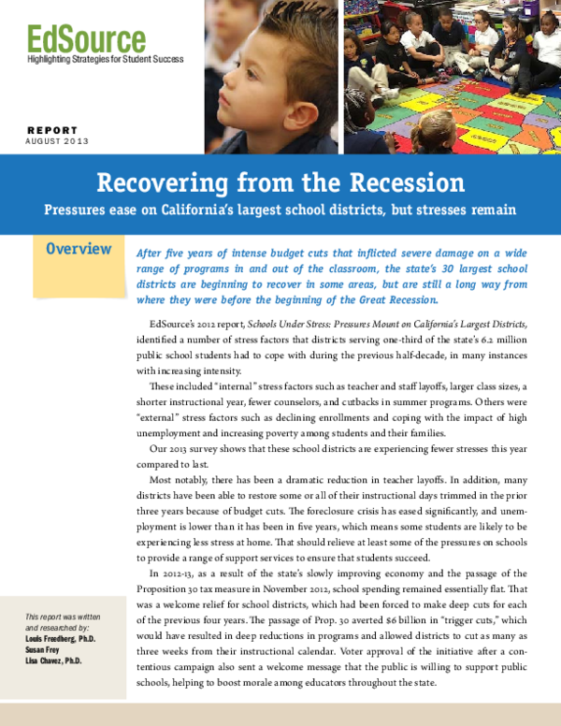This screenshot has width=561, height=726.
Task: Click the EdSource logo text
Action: (86, 39)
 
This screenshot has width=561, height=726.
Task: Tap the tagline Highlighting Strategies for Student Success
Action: (105, 60)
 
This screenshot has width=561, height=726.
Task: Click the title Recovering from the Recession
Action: (280, 181)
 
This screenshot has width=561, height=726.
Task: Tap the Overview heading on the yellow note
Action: (79, 250)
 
